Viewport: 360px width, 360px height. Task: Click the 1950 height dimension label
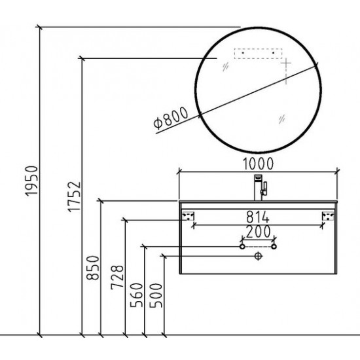[31, 181]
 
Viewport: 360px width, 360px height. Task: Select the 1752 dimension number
[74, 197]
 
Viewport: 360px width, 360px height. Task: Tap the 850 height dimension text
[93, 268]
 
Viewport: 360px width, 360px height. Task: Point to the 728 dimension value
[117, 278]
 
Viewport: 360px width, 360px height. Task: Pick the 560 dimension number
[136, 295]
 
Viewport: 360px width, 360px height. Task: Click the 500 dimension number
[156, 295]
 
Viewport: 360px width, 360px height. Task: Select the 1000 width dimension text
[258, 164]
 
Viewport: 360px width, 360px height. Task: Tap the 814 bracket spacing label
[258, 217]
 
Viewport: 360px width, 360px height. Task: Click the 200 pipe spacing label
[258, 231]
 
